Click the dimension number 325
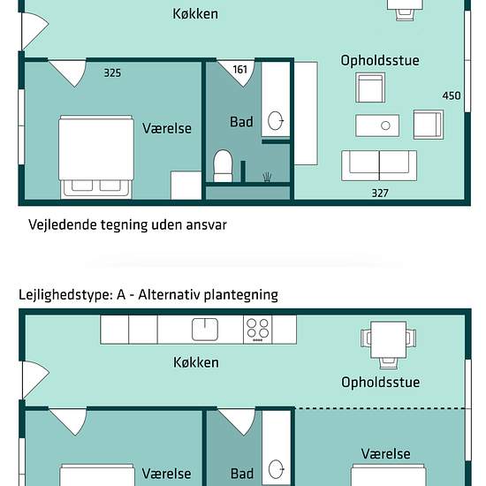click(112, 73)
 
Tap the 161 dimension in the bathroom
click(240, 70)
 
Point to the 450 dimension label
click(452, 95)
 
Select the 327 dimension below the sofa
click(380, 194)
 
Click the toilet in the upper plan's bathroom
click(223, 166)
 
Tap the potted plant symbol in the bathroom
click(267, 177)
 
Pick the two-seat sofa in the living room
click(379, 165)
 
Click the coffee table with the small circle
click(377, 125)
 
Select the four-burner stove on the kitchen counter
click(257, 330)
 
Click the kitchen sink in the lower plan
click(205, 330)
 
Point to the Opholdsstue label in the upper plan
click(380, 60)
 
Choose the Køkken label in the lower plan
click(196, 362)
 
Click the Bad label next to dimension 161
click(241, 122)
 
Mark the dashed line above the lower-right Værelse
click(380, 408)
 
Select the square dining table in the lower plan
click(389, 339)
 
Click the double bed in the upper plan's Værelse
click(96, 157)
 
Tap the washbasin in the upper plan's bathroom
click(276, 120)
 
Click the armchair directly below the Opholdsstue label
click(370, 87)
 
